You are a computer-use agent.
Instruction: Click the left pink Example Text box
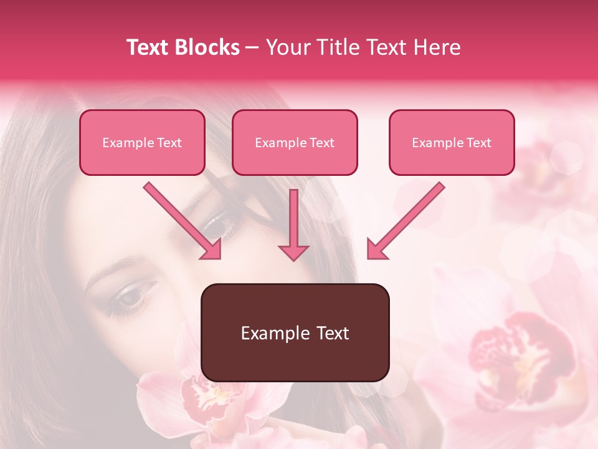(x=142, y=143)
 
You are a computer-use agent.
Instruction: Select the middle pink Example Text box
(x=295, y=143)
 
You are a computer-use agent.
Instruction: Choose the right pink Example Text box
(x=452, y=143)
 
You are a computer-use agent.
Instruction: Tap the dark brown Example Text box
(x=295, y=332)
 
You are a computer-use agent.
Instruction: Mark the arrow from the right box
(x=406, y=221)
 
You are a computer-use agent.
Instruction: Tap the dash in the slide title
(x=252, y=47)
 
